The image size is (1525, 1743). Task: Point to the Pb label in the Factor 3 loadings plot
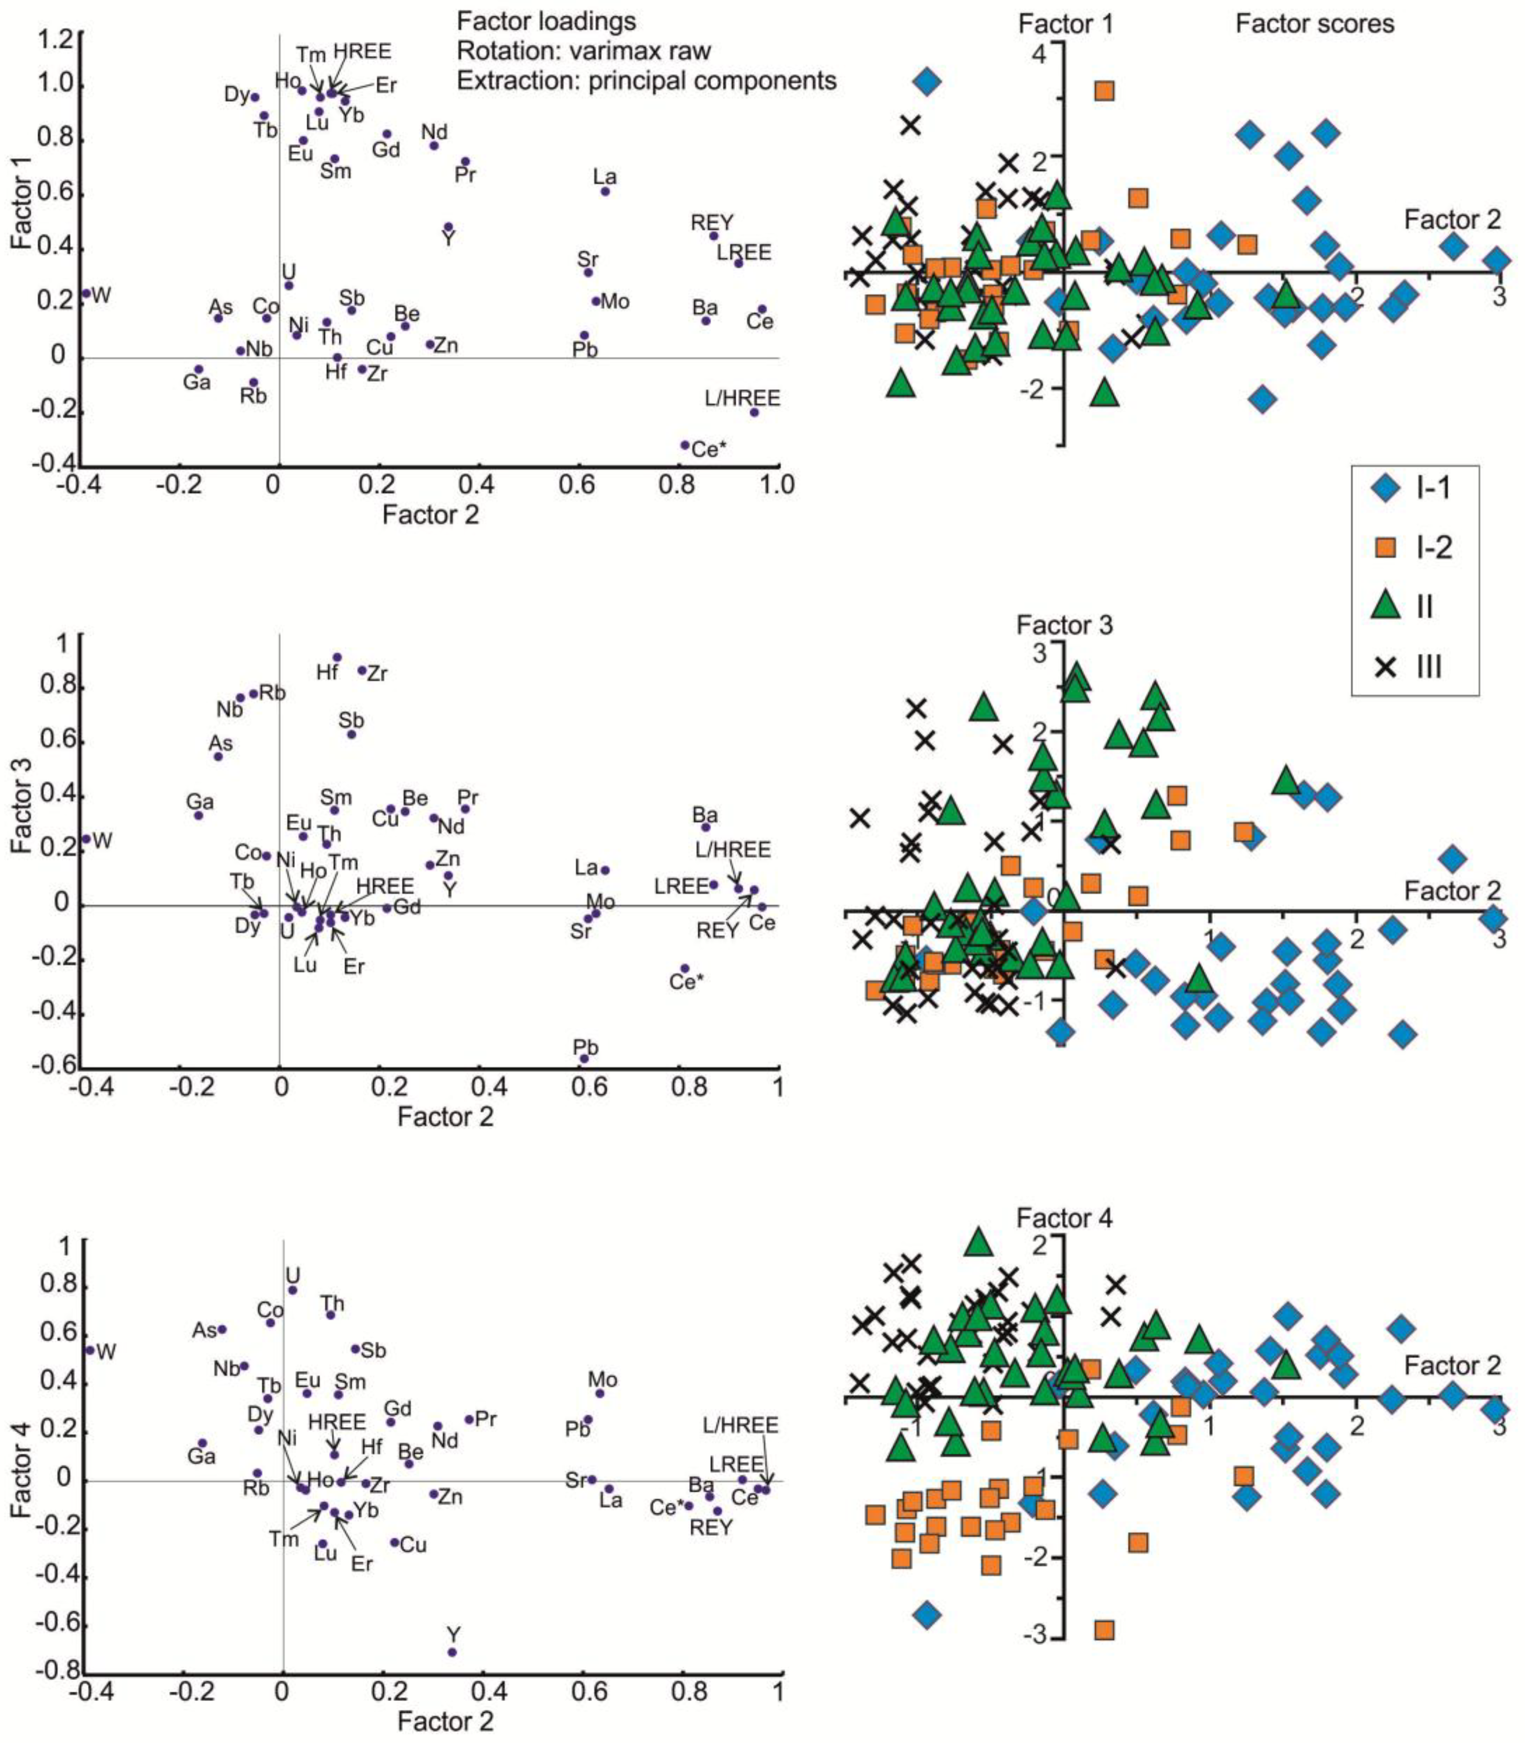click(x=586, y=1047)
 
